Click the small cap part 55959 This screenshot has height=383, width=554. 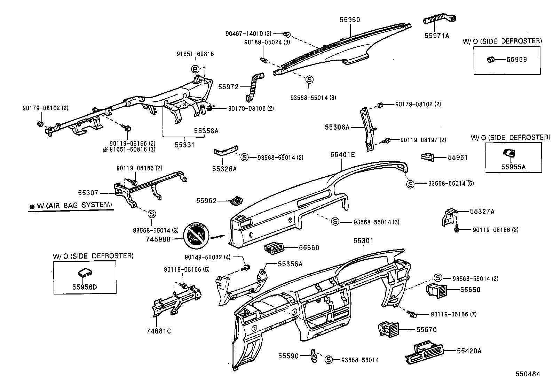(x=491, y=60)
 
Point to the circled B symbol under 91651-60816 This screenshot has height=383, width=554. (x=195, y=68)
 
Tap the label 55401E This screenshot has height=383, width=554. (x=342, y=154)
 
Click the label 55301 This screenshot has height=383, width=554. (x=363, y=241)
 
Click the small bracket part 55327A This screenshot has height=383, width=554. (x=449, y=217)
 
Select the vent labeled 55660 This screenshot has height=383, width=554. (x=275, y=248)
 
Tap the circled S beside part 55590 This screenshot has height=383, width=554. (x=328, y=360)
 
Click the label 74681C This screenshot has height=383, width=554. (x=159, y=331)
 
